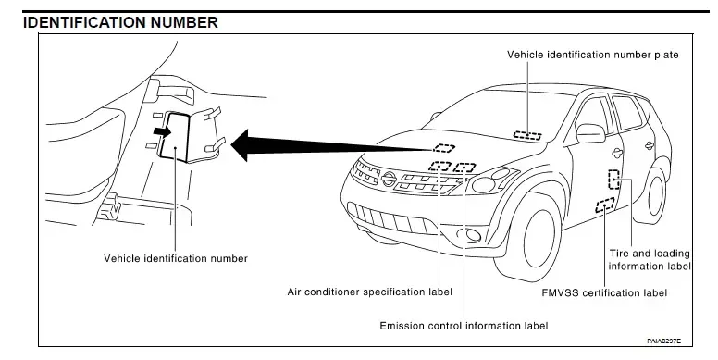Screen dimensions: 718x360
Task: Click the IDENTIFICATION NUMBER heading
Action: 120,22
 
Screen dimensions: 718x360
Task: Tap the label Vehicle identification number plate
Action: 592,55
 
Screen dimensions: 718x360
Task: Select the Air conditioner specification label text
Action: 369,292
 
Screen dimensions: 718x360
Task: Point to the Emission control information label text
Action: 464,326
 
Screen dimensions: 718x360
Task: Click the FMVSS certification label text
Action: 604,292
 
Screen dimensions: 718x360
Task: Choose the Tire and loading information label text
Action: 650,260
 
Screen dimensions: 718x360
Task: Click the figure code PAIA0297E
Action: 663,341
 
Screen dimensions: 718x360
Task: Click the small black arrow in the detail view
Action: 162,131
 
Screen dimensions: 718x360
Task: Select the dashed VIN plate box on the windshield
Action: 527,135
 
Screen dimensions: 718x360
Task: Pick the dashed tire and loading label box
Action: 613,180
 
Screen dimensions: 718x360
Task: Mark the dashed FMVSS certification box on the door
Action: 605,205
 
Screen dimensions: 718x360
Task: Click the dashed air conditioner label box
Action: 440,166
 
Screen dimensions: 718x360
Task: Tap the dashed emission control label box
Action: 464,168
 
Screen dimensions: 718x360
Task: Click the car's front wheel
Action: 536,238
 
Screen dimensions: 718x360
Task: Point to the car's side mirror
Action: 590,133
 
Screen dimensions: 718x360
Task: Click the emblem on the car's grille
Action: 390,179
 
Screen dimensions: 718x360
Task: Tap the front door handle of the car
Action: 617,154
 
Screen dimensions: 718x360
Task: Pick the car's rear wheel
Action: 656,195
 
